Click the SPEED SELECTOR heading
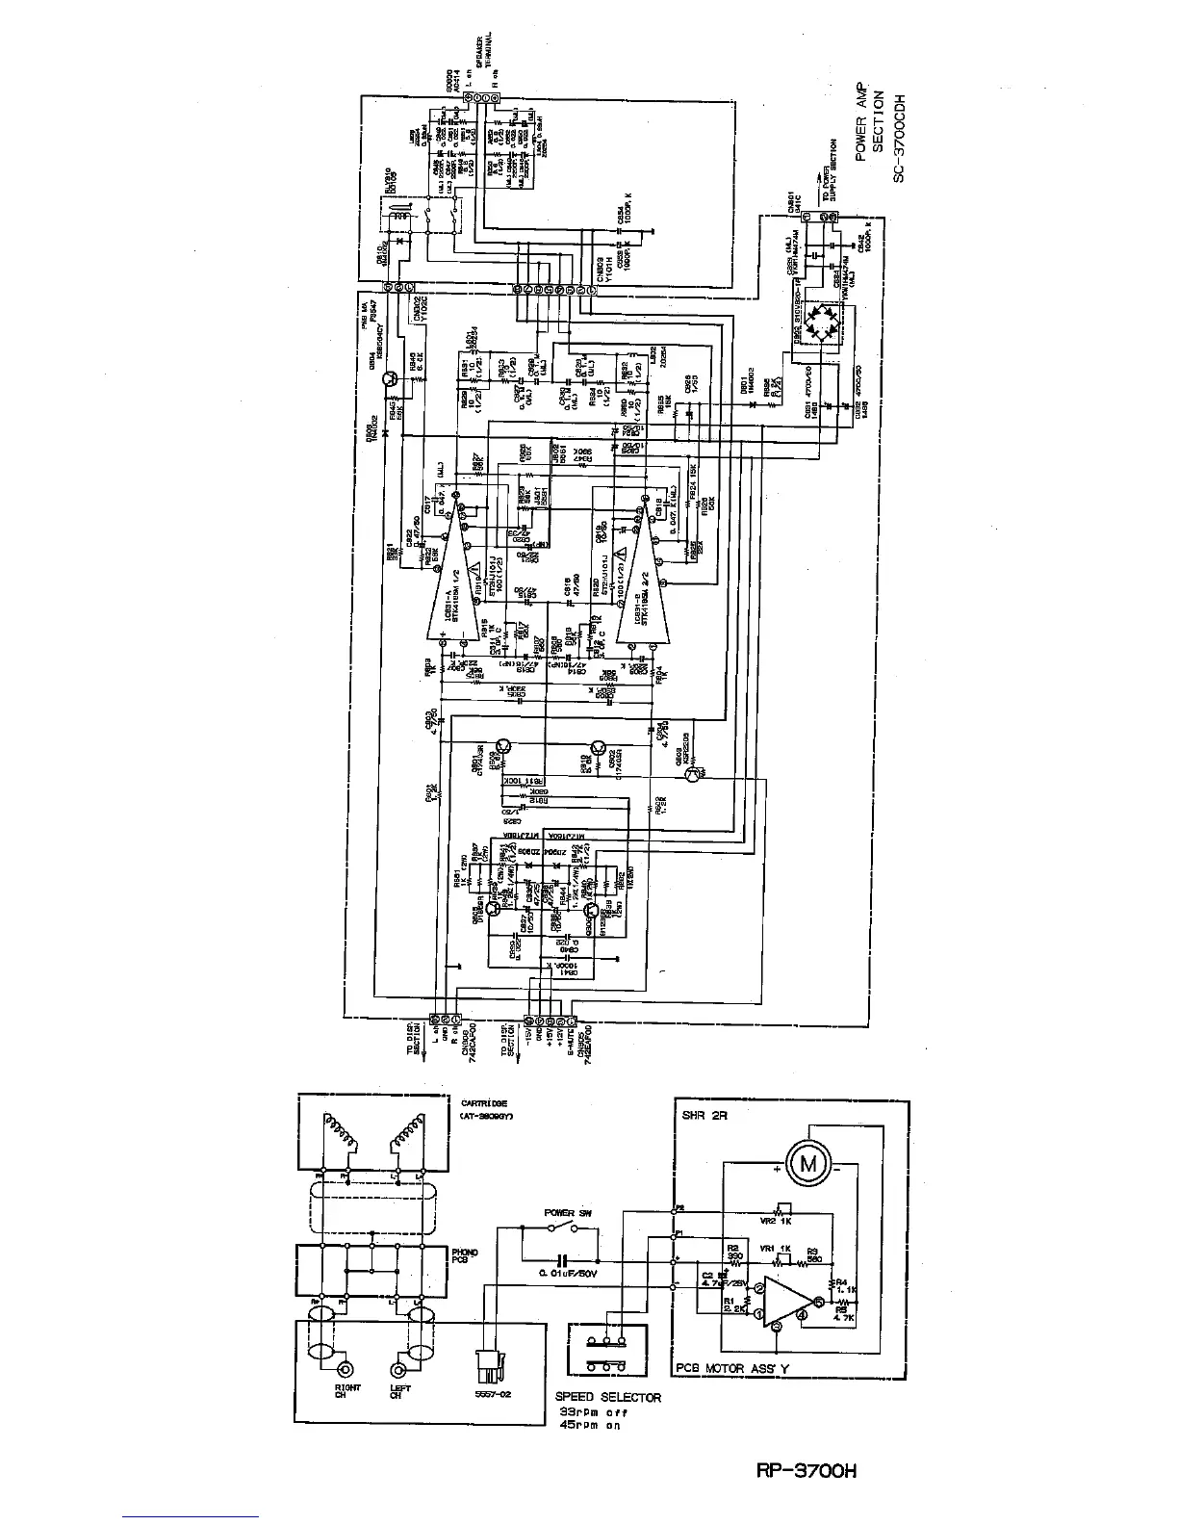pyautogui.click(x=608, y=1397)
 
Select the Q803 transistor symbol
pyautogui.click(x=698, y=772)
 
